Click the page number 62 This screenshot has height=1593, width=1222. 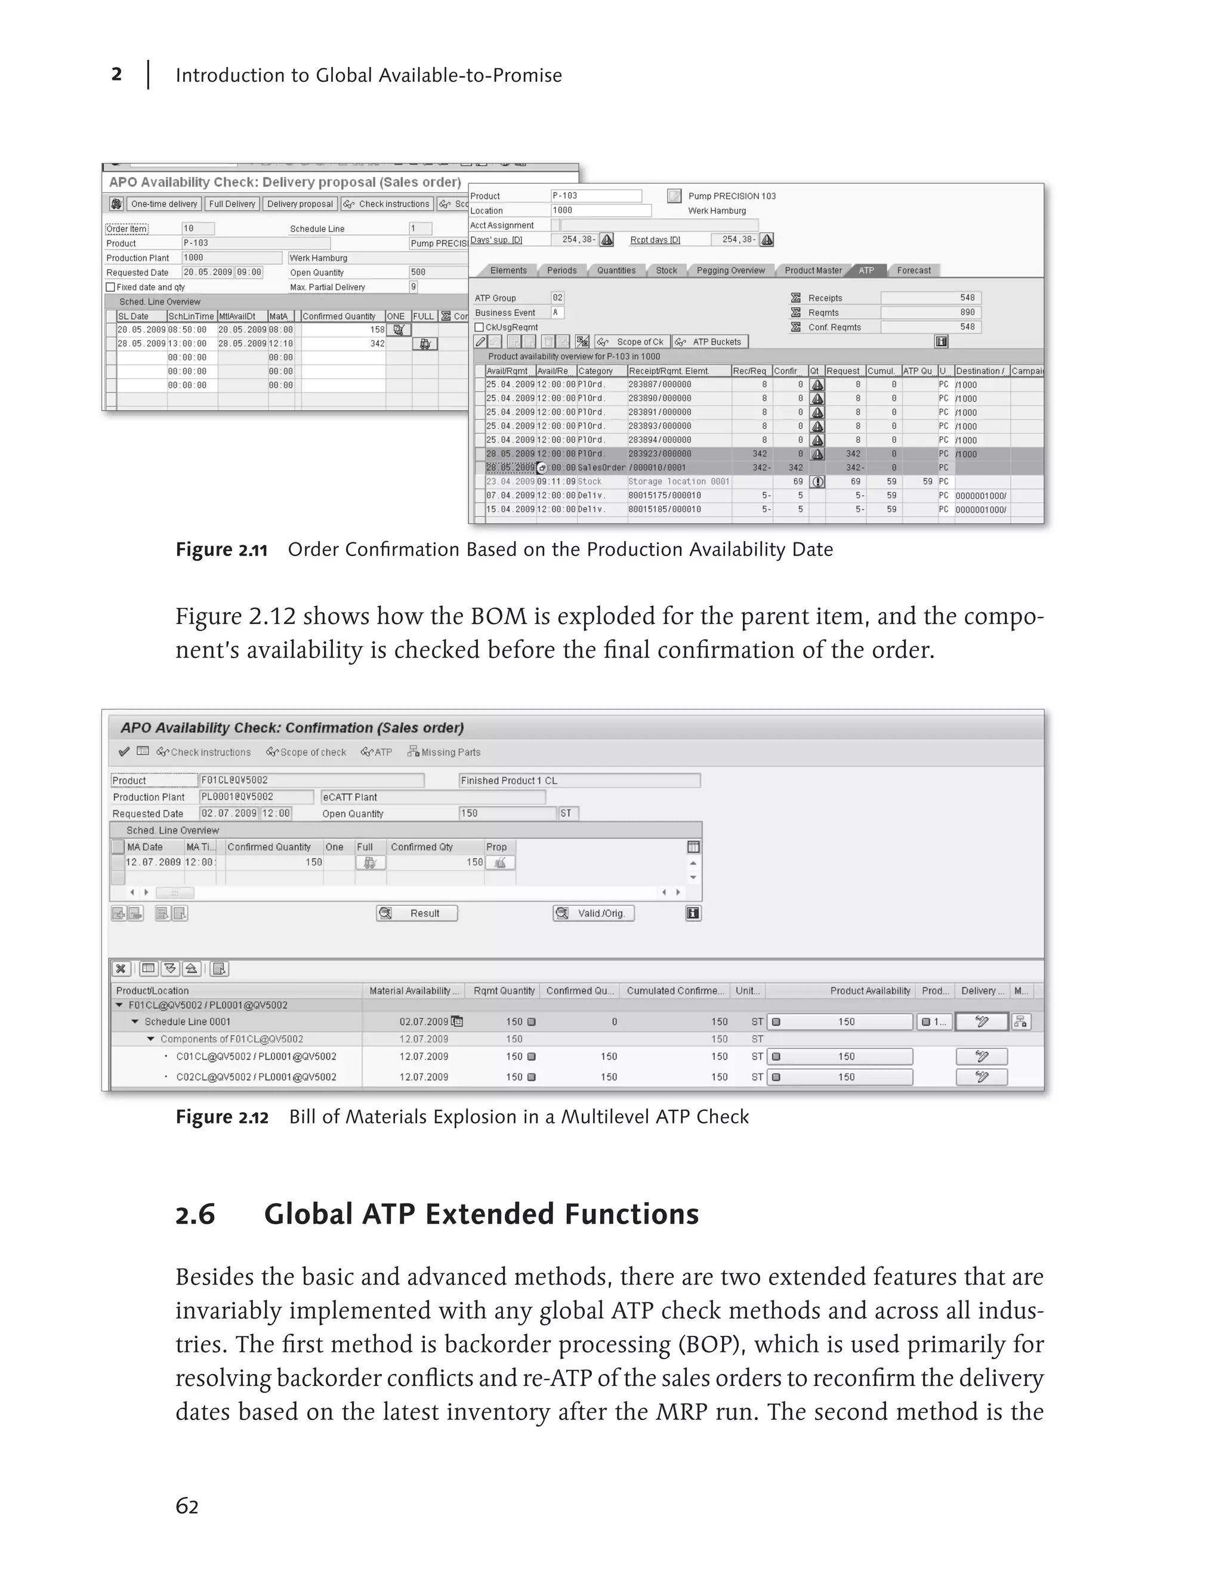coord(187,1506)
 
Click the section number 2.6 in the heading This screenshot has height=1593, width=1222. coord(196,1215)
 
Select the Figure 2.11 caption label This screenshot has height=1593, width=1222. coord(221,550)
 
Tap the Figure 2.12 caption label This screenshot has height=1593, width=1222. coord(222,1117)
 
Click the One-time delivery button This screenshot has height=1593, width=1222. coord(163,203)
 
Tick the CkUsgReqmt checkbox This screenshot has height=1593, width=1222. coord(479,328)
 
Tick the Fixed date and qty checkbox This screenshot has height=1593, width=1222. coord(110,288)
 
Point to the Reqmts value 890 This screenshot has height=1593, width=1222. coord(967,312)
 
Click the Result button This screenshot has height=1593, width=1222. coord(417,913)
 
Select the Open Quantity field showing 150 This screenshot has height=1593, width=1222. coord(507,813)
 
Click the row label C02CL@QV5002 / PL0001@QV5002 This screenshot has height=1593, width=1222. coord(256,1078)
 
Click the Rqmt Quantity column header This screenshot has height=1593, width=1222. coord(504,991)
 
